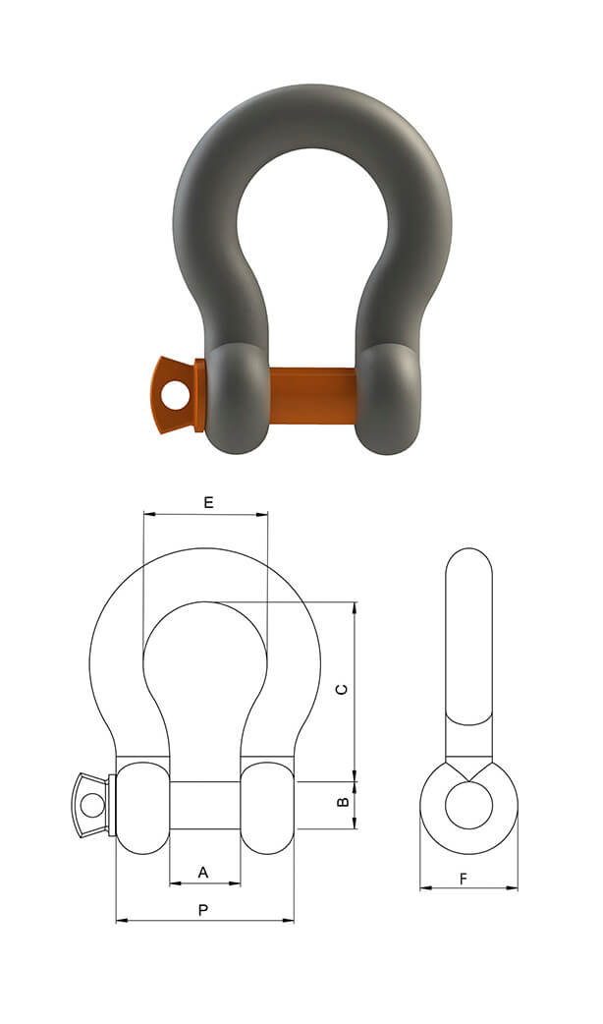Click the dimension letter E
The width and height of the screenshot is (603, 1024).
tap(208, 502)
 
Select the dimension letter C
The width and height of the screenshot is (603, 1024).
tap(342, 689)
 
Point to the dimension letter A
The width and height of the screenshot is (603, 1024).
tap(203, 872)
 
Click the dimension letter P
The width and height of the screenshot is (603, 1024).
tap(203, 910)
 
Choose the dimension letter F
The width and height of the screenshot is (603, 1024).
tap(464, 879)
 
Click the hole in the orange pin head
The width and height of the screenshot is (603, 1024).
tap(176, 396)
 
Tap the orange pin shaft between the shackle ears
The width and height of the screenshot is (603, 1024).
tap(312, 395)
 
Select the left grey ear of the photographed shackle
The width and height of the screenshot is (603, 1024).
tap(237, 397)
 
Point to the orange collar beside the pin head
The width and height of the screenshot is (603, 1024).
tap(200, 395)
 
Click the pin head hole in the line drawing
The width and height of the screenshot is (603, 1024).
tap(92, 805)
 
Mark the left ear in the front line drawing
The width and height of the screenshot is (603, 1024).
tap(143, 805)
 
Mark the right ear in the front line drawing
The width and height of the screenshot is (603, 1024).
tap(267, 805)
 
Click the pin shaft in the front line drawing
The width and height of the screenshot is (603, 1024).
tap(204, 805)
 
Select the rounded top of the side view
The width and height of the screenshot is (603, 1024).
tap(468, 565)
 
